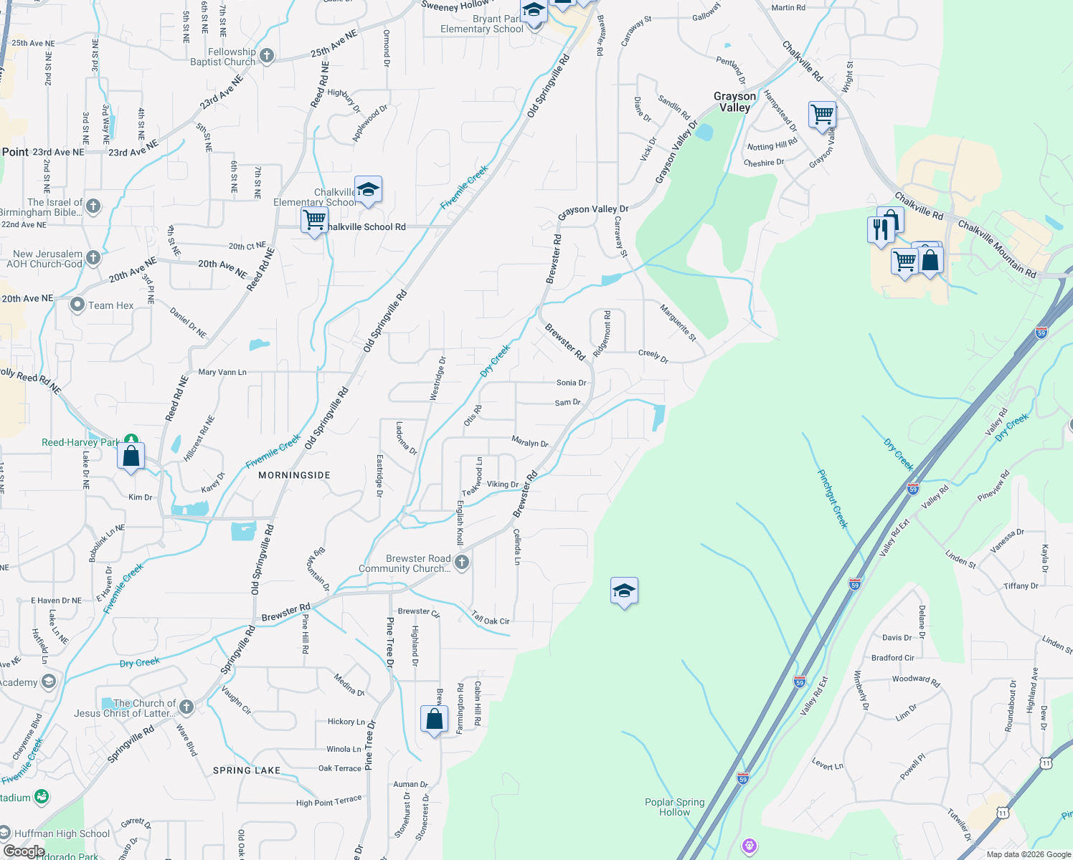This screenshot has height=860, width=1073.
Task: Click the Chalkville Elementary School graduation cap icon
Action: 368,190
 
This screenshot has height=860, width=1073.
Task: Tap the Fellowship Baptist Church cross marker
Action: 267,56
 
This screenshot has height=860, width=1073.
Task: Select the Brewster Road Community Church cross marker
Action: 462,563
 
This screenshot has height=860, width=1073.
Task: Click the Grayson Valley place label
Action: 734,102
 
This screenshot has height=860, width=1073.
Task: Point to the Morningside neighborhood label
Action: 294,475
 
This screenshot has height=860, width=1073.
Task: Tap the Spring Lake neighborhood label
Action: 247,770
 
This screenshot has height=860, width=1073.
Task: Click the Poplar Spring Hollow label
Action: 674,807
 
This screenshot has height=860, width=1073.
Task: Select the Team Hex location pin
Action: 77,305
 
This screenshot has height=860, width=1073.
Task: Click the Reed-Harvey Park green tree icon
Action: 131,440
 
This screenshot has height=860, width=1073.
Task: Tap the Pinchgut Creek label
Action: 833,499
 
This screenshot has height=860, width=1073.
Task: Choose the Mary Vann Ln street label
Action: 222,372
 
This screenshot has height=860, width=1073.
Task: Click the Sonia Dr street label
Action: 571,383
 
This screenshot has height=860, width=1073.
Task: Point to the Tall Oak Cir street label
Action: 491,618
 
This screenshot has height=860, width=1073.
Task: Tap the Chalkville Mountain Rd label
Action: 996,249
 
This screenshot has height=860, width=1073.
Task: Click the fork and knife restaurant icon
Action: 881,229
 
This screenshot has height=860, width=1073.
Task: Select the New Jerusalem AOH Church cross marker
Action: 93,257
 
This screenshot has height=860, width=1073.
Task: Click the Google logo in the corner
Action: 23,851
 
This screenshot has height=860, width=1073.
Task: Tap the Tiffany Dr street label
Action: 1021,586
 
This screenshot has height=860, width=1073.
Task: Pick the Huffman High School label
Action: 62,833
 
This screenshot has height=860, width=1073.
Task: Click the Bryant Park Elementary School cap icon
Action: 534,11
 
